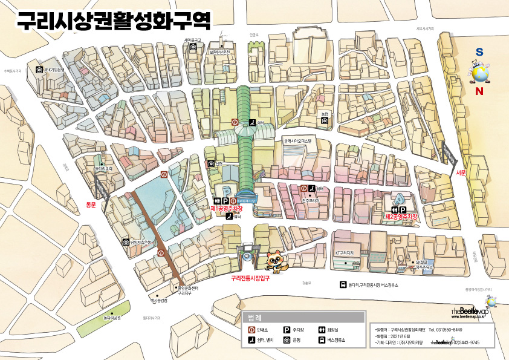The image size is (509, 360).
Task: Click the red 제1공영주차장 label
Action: pyautogui.click(x=230, y=208)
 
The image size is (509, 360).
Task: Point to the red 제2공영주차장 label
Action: pyautogui.click(x=401, y=216)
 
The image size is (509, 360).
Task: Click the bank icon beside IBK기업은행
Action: pyautogui.click(x=39, y=70)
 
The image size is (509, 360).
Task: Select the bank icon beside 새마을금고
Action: pyautogui.click(x=193, y=47)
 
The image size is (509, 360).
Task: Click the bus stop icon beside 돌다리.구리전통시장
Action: pyautogui.click(x=343, y=285)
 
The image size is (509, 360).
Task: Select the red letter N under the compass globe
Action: pyautogui.click(x=479, y=91)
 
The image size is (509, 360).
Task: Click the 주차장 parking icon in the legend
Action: pyautogui.click(x=287, y=330)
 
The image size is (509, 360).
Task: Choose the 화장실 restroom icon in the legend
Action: pyautogui.click(x=322, y=330)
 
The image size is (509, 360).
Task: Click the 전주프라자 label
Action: pyautogui.click(x=310, y=200)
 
